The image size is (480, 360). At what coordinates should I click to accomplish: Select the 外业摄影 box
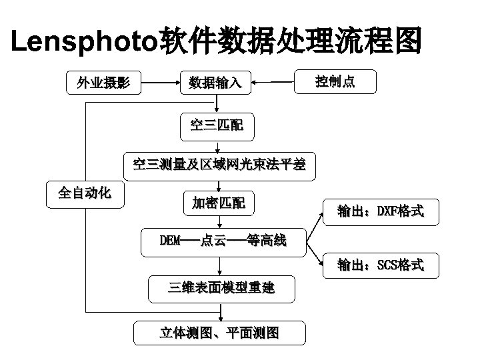pyautogui.click(x=103, y=83)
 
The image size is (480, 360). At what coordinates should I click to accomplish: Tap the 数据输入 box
pyautogui.click(x=219, y=83)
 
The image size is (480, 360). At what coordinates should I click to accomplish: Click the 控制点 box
pyautogui.click(x=335, y=82)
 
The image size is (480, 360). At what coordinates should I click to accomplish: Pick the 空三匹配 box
pyautogui.click(x=217, y=124)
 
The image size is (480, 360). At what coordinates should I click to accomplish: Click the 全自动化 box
pyautogui.click(x=85, y=193)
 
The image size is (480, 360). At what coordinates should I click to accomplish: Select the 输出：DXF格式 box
pyautogui.click(x=380, y=211)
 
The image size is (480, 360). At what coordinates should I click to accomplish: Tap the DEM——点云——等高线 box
pyautogui.click(x=223, y=241)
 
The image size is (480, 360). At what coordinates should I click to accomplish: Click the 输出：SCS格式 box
pyautogui.click(x=380, y=265)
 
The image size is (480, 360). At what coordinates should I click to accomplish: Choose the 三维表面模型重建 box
pyautogui.click(x=221, y=287)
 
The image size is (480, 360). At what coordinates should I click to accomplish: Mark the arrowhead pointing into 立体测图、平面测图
pyautogui.click(x=218, y=318)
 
